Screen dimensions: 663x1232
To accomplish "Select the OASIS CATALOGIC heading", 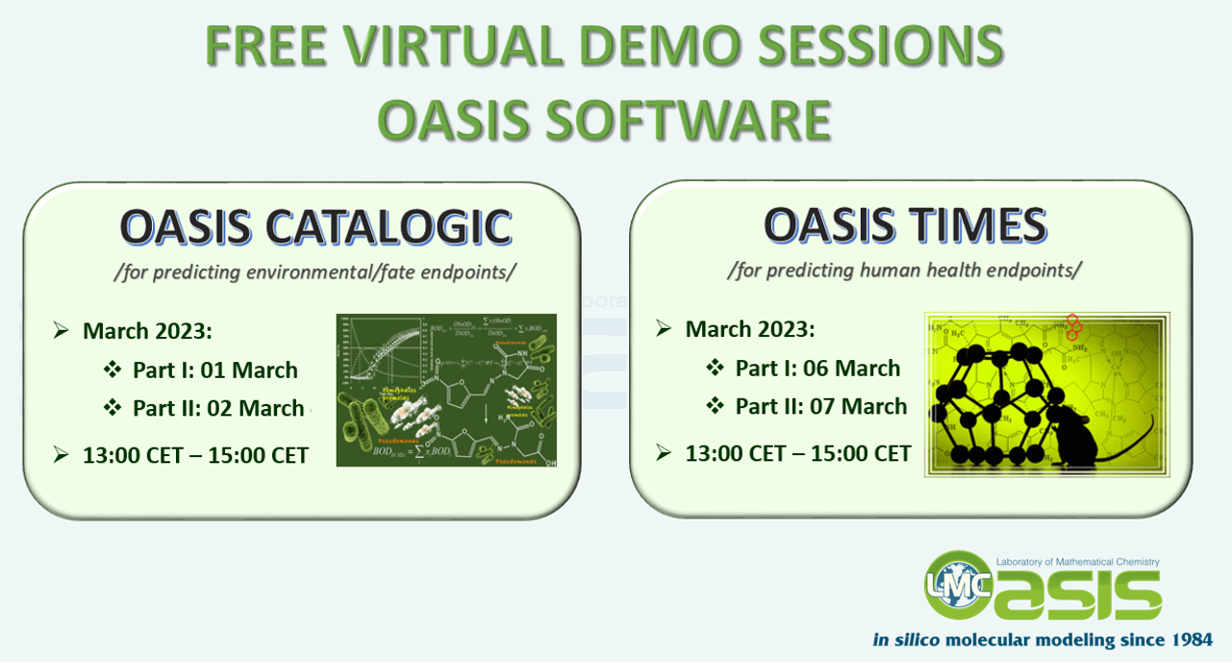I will click(315, 228).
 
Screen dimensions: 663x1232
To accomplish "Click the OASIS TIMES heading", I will click(905, 226).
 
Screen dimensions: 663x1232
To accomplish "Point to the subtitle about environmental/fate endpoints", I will click(314, 272).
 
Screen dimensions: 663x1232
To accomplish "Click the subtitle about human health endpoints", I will click(904, 270).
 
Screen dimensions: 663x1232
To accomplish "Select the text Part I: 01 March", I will click(214, 370).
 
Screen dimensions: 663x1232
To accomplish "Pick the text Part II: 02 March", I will click(218, 408).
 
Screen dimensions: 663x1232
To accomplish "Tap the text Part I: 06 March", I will click(817, 369).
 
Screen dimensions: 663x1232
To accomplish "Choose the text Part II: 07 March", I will click(820, 406).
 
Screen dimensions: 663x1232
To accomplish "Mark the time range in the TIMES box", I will click(797, 453).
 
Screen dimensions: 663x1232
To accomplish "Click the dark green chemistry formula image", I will click(446, 390).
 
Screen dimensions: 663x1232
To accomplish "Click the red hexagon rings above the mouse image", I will click(1074, 327).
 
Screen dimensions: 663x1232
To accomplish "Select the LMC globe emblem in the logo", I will click(957, 584).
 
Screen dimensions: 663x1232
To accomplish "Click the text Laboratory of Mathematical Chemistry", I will click(1077, 562).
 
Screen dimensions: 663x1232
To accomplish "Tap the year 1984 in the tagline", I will click(1183, 640).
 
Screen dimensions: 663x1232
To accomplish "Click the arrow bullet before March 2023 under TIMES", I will click(664, 329).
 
